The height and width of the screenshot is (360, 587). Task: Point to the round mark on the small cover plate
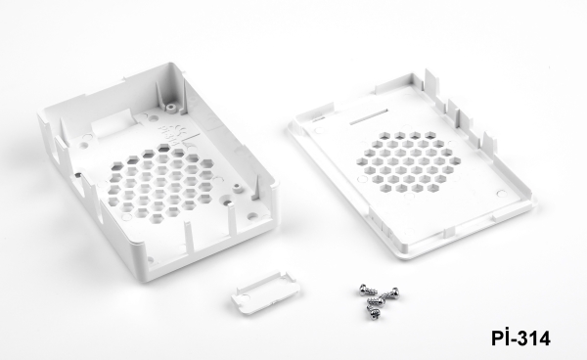pyautogui.click(x=245, y=297)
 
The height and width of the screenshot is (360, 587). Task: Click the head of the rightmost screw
pyautogui.click(x=394, y=292)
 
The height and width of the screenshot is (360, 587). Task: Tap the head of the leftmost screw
pyautogui.click(x=363, y=290)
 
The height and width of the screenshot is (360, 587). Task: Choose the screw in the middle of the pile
pyautogui.click(x=376, y=299)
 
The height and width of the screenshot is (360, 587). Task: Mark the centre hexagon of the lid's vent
pyautogui.click(x=408, y=160)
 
